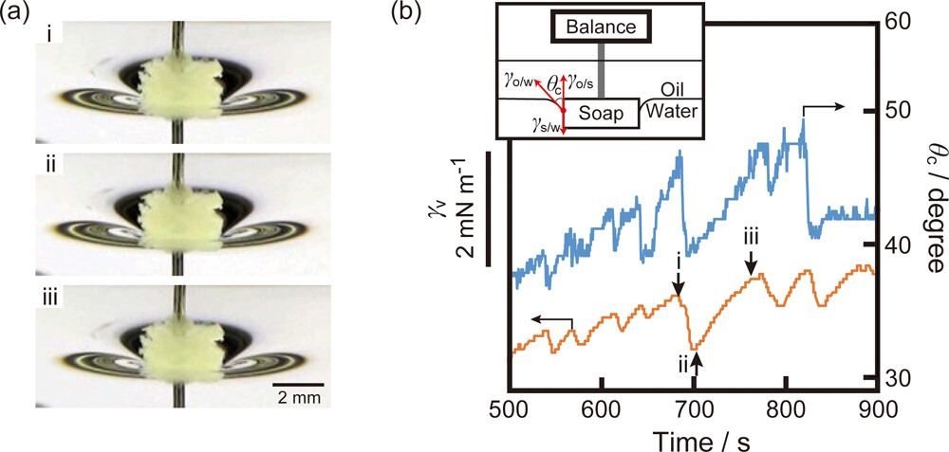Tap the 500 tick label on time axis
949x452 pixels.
click(511, 410)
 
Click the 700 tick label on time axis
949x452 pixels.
click(695, 410)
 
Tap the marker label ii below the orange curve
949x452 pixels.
click(682, 361)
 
